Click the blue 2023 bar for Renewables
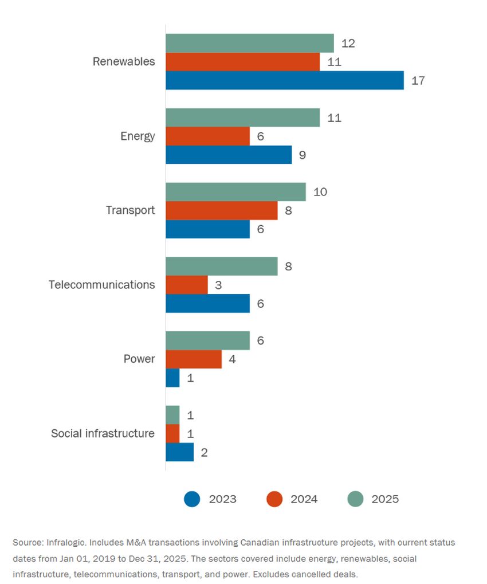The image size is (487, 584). (285, 80)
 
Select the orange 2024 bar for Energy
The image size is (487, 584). (207, 136)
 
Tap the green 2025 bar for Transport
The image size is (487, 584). (235, 192)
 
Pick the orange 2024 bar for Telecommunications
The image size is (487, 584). (187, 285)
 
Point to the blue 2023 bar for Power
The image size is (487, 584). (172, 378)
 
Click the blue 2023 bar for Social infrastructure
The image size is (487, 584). (179, 452)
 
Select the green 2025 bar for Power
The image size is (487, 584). (207, 340)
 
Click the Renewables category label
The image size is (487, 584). (124, 61)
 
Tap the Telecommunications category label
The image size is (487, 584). (101, 285)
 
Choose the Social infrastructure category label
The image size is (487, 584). (103, 433)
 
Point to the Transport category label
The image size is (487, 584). (130, 210)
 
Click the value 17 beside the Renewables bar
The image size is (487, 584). (418, 81)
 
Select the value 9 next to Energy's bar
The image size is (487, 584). (303, 155)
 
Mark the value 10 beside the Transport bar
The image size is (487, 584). (320, 192)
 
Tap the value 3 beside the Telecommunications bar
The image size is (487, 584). (218, 285)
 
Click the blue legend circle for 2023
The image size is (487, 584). (192, 499)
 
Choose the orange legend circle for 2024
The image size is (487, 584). (274, 499)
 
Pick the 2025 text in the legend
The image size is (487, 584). (385, 499)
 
